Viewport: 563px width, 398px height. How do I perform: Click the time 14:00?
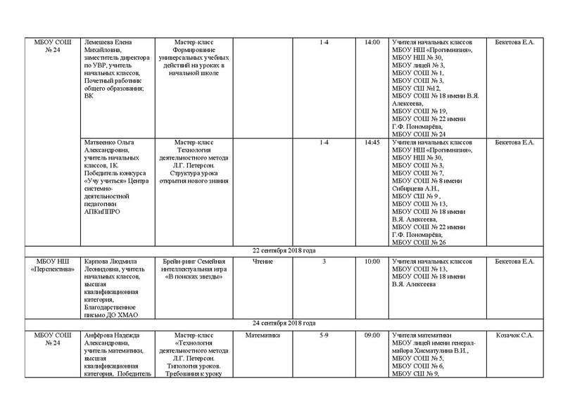click(x=372, y=43)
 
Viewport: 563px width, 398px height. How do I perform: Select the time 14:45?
click(x=372, y=143)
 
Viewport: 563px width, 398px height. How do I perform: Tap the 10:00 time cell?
click(x=372, y=262)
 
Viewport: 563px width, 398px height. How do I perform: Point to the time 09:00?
click(x=372, y=335)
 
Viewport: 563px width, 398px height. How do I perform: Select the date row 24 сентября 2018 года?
click(x=284, y=323)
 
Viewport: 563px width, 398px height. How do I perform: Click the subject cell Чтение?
click(x=262, y=262)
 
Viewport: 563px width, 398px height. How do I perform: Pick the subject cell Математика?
click(x=262, y=335)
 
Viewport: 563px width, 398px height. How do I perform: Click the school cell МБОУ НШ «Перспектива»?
click(x=52, y=267)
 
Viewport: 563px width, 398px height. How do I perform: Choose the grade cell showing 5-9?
click(x=324, y=335)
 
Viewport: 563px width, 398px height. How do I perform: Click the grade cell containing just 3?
click(x=324, y=262)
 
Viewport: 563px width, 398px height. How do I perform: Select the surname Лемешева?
click(x=100, y=43)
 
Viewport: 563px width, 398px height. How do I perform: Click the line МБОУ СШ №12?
click(x=417, y=89)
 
